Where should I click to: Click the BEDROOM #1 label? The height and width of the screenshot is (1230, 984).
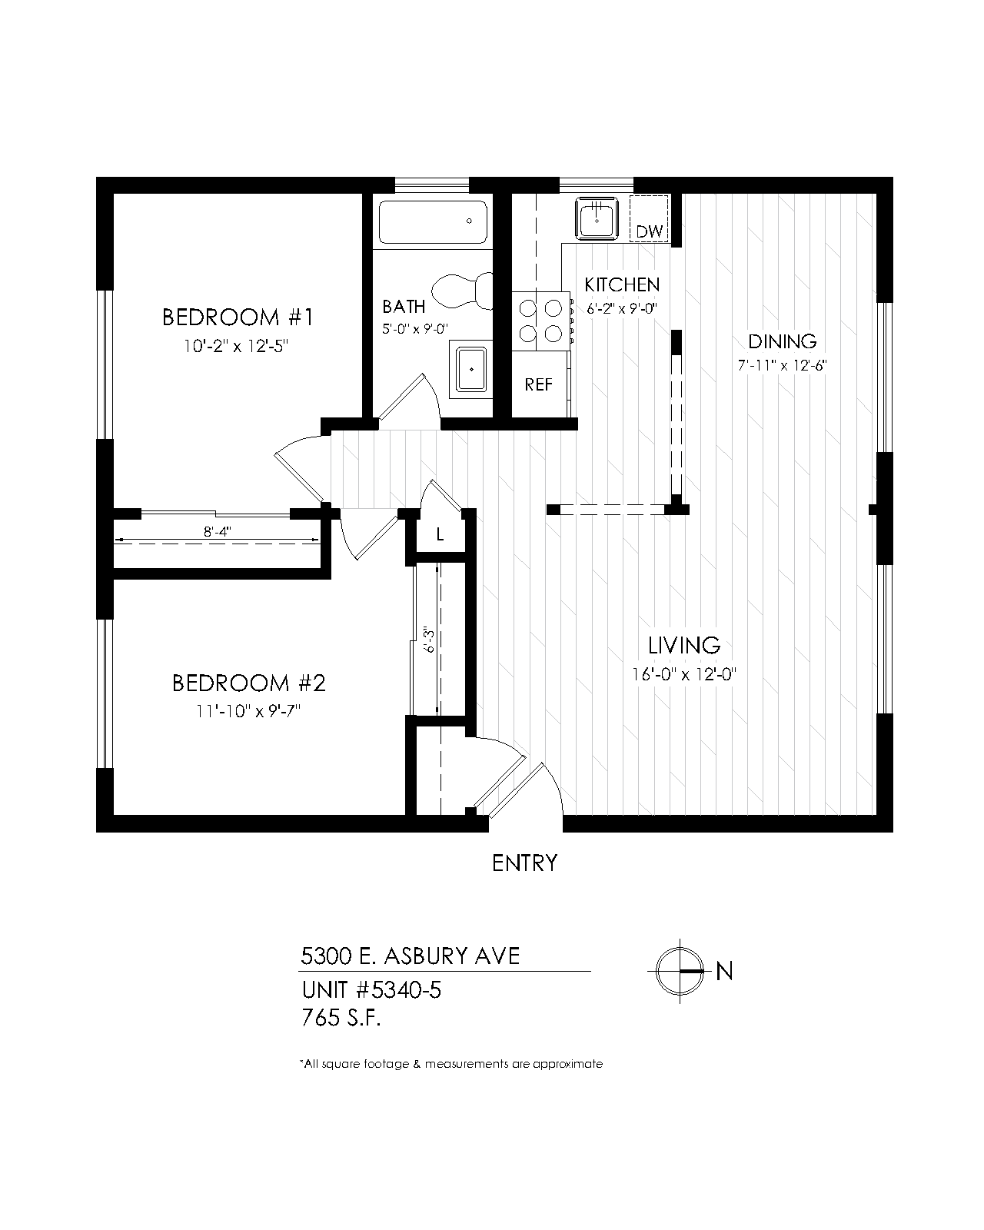pos(238,317)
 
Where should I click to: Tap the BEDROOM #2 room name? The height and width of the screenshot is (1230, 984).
pos(249,683)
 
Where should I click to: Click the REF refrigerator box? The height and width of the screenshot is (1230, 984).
pos(539,384)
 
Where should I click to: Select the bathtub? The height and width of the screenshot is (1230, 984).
pos(433,223)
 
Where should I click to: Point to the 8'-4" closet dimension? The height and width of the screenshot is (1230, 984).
pos(218,531)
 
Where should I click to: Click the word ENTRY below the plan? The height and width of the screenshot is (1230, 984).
pos(524,863)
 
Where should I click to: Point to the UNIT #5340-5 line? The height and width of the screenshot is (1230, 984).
pos(371,989)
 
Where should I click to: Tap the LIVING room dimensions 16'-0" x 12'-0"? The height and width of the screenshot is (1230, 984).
pos(684,675)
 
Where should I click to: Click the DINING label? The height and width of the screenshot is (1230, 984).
pos(782,341)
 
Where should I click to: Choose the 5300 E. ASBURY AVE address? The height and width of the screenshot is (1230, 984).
pos(410,956)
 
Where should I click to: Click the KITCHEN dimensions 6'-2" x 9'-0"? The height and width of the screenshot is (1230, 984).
pos(621,308)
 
